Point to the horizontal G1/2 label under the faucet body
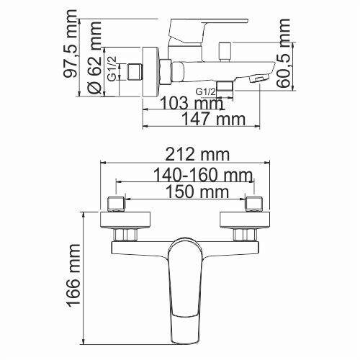click(x=207, y=92)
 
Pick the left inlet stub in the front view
click(x=116, y=203)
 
